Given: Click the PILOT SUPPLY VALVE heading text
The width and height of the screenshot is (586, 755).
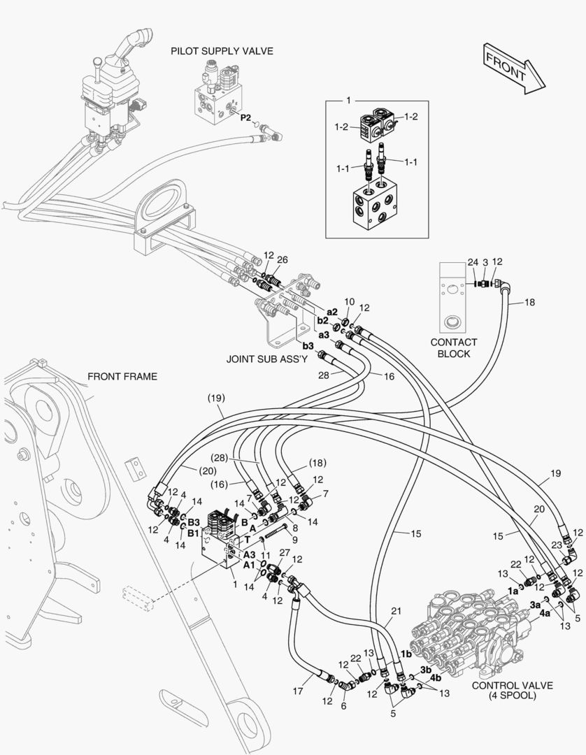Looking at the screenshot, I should coord(222,51).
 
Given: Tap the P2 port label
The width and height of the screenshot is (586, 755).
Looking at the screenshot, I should coord(245,117).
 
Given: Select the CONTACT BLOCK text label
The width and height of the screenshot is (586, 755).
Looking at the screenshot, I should coord(454,347).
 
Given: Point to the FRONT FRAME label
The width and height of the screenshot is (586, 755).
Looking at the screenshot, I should coord(122,376).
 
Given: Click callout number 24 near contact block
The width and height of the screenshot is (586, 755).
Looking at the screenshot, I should coord(473,263).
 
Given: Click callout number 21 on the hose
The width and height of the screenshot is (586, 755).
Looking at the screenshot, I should coord(396,610).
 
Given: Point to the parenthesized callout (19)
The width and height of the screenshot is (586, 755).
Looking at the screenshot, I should coord(215,398).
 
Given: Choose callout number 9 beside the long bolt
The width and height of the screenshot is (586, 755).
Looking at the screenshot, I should coord(295,540).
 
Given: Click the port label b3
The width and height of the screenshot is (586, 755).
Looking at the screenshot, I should coord(308,345).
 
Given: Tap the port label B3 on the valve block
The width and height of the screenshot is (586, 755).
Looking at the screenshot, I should coord(194,522).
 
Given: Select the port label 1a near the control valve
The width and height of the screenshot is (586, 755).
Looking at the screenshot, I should coord(513,590).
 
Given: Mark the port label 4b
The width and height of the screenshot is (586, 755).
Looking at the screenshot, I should coord(435,677).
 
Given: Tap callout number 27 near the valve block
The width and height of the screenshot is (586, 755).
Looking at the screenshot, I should coord(284,552).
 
